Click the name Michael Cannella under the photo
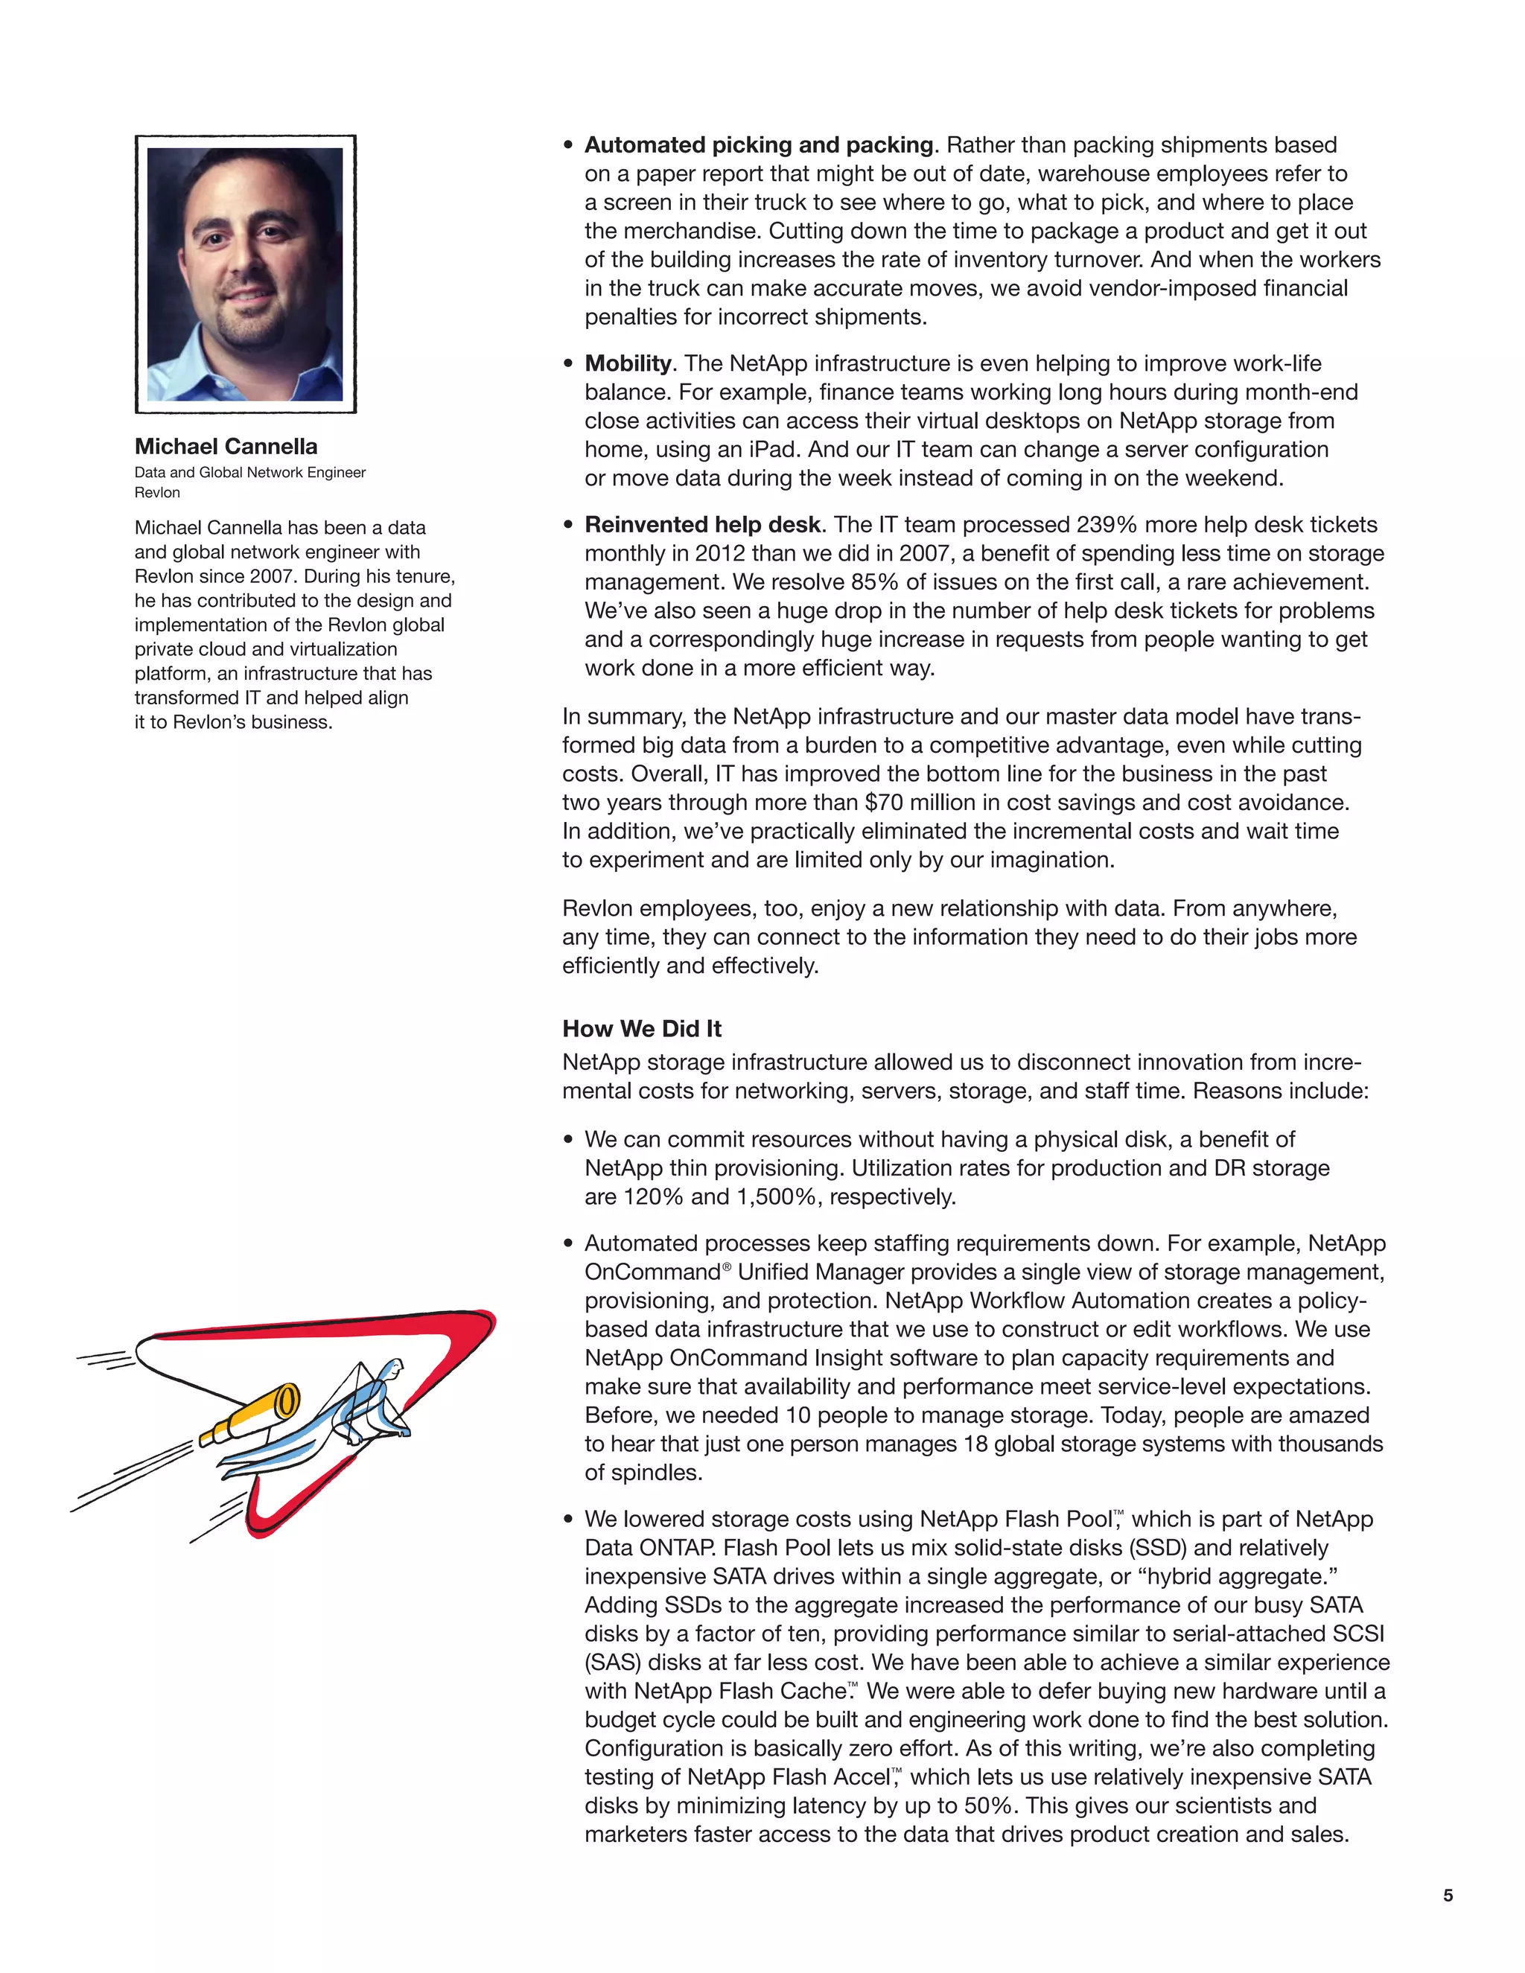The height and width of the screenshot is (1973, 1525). [226, 446]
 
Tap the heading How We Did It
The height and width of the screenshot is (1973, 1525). [641, 1028]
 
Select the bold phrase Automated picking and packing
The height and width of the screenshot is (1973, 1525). [758, 144]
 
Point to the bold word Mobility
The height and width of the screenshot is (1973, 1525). [628, 363]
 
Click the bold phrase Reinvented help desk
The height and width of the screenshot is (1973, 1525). [702, 525]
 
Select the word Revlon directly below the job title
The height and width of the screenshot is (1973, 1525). [157, 492]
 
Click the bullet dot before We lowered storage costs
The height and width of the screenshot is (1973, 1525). [568, 1520]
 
